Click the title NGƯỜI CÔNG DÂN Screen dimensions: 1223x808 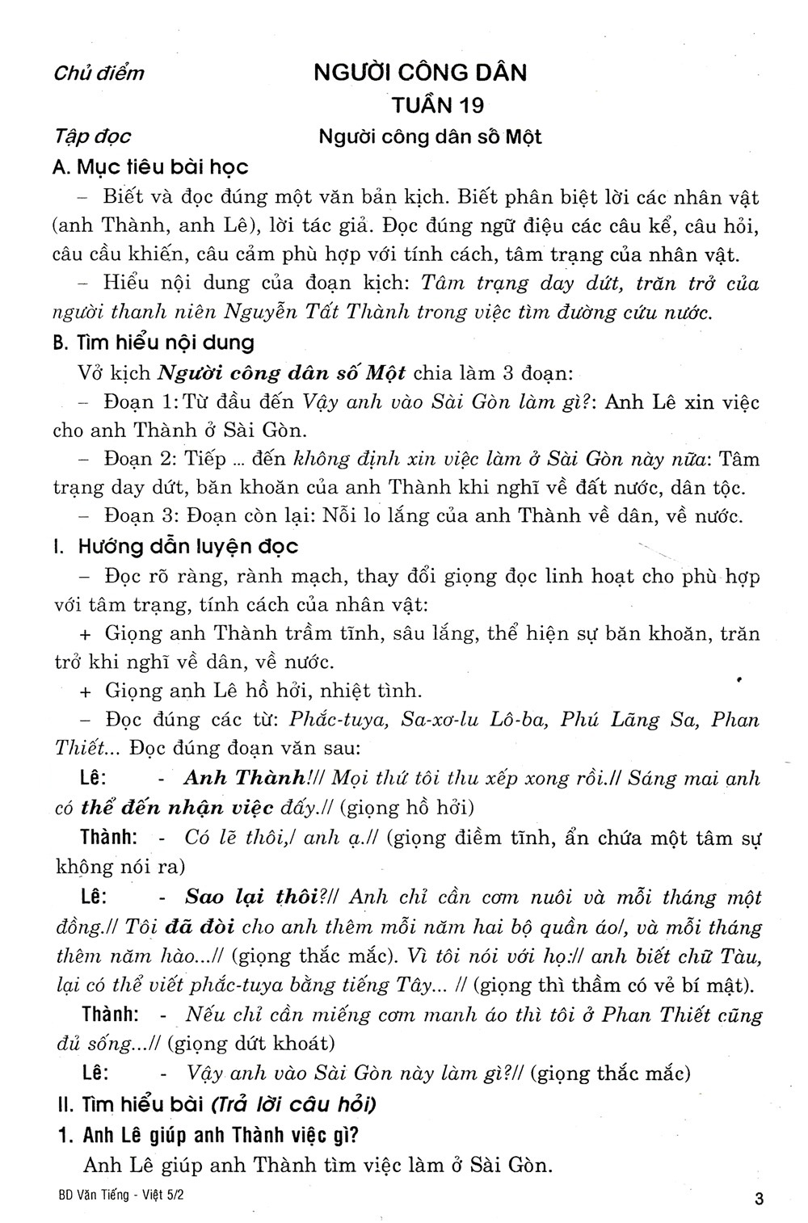(x=420, y=73)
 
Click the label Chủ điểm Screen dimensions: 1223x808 (x=99, y=74)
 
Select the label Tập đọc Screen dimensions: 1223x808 (x=91, y=137)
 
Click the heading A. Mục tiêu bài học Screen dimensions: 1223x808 (x=149, y=167)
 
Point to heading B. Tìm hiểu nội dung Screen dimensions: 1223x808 (x=154, y=343)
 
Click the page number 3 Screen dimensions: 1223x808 (x=757, y=1200)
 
